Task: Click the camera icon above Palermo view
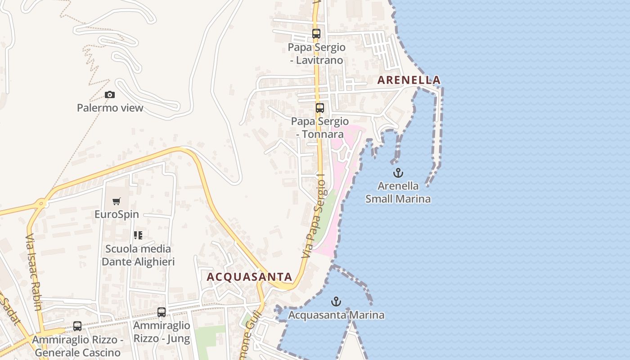pyautogui.click(x=109, y=94)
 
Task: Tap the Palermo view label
pyautogui.click(x=110, y=108)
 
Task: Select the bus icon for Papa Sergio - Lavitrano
pyautogui.click(x=316, y=34)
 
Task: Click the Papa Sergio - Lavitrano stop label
pyautogui.click(x=317, y=54)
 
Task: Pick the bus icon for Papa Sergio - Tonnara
pyautogui.click(x=320, y=108)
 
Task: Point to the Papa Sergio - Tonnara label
pyautogui.click(x=320, y=128)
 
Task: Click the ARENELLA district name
pyautogui.click(x=409, y=80)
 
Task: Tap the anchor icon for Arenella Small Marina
pyautogui.click(x=398, y=173)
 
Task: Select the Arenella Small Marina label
pyautogui.click(x=398, y=192)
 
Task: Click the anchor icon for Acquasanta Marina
pyautogui.click(x=336, y=301)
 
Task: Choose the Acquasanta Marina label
pyautogui.click(x=336, y=315)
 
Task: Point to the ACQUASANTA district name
pyautogui.click(x=249, y=277)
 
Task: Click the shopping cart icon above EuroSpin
pyautogui.click(x=117, y=201)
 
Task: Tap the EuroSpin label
pyautogui.click(x=117, y=214)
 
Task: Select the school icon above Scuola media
pyautogui.click(x=138, y=235)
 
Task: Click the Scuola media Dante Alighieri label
pyautogui.click(x=138, y=255)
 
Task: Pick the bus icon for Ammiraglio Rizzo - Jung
pyautogui.click(x=162, y=312)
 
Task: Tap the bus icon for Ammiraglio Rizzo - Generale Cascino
pyautogui.click(x=77, y=326)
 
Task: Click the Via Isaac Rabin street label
pyautogui.click(x=34, y=273)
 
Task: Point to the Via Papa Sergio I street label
pyautogui.click(x=314, y=216)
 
